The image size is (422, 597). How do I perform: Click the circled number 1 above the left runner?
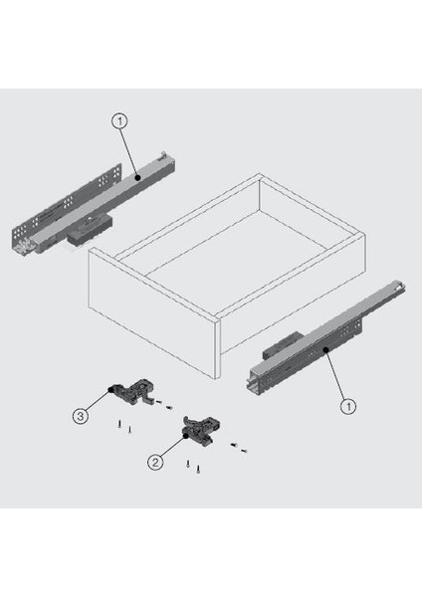(x=119, y=121)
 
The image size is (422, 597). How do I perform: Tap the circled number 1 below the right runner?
(x=347, y=406)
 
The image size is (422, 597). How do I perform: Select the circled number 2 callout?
(x=155, y=463)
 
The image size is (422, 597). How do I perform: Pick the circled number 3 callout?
(x=81, y=416)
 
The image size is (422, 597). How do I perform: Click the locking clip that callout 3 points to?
(x=133, y=393)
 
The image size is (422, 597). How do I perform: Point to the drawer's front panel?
(x=152, y=312)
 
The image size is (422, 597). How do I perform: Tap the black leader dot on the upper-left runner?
(x=138, y=177)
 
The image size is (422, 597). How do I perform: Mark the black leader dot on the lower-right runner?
(x=325, y=349)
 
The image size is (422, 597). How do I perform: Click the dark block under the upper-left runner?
(x=90, y=228)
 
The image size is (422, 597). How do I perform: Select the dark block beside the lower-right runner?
(x=283, y=344)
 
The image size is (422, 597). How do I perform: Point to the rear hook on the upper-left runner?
(x=163, y=154)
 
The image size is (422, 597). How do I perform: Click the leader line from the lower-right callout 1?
(x=334, y=374)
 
